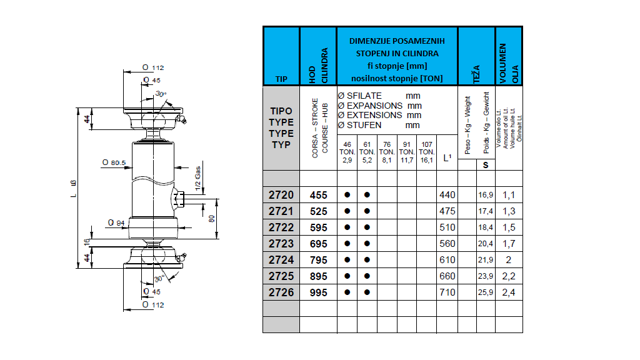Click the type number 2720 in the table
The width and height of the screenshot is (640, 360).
point(281,195)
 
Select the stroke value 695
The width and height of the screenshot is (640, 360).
point(319,244)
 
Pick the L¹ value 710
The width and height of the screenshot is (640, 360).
point(447,292)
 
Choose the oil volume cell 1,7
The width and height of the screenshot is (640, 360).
point(509,244)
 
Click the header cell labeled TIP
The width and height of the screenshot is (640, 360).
point(281,79)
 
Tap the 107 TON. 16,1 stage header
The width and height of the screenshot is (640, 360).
point(426,152)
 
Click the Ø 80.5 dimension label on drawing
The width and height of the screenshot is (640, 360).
point(114,162)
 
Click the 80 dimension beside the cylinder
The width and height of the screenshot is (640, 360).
point(212,219)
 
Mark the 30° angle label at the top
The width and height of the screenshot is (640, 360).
point(161,94)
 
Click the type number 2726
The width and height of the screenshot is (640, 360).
point(281,292)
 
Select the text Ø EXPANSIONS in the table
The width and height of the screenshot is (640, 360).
point(369,106)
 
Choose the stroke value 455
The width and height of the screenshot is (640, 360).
point(319,195)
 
